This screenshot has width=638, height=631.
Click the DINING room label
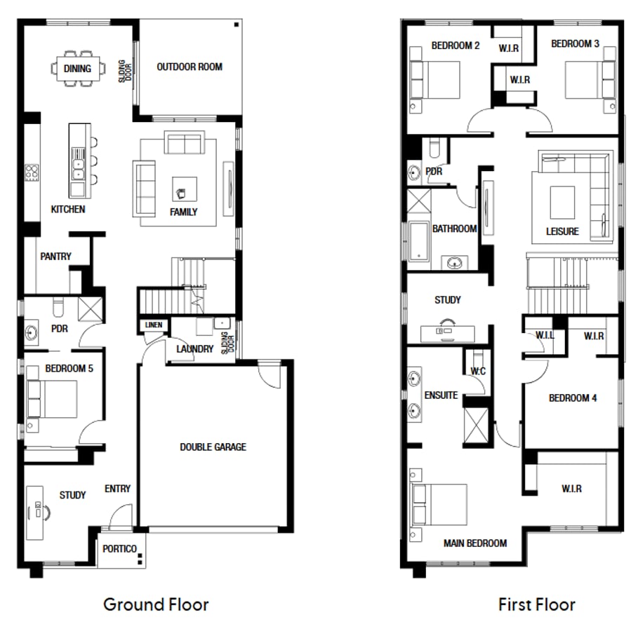pos(77,69)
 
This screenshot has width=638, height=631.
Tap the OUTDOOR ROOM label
pos(190,67)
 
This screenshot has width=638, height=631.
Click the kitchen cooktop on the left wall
pos(32,172)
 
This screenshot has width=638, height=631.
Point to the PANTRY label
pos(55,257)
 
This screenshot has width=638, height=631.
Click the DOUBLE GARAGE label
pos(213,447)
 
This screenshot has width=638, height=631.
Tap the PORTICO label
pos(119,549)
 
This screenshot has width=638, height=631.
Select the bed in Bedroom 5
pos(52,400)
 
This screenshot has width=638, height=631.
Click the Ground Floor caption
pos(156,604)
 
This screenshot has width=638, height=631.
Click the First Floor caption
pos(536,604)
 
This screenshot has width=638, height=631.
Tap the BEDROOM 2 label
pos(456,46)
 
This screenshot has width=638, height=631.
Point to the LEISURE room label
pos(562,231)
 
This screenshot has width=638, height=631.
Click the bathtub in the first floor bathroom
pos(418,241)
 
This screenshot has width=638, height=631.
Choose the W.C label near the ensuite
pos(478,370)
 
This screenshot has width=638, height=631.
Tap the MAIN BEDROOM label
pos(474,543)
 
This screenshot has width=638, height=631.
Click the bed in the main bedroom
pos(439,504)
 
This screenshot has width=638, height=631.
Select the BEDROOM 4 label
pos(572,398)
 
